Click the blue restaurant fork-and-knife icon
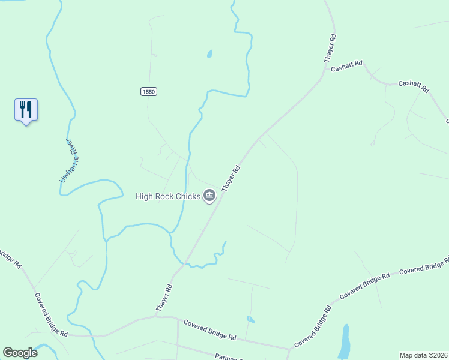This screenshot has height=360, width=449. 26,110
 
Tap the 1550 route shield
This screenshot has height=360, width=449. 149,91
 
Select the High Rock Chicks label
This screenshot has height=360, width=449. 168,196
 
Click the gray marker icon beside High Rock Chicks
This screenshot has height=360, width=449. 209,196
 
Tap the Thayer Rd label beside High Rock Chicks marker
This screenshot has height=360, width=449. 231,178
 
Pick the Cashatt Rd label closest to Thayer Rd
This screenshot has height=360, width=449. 347,66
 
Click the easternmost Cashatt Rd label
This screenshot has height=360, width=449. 414,86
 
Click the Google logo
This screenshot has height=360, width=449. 20,353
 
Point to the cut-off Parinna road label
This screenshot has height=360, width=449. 228,357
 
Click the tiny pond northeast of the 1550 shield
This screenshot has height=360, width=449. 209,53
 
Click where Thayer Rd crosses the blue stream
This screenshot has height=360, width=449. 186,263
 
